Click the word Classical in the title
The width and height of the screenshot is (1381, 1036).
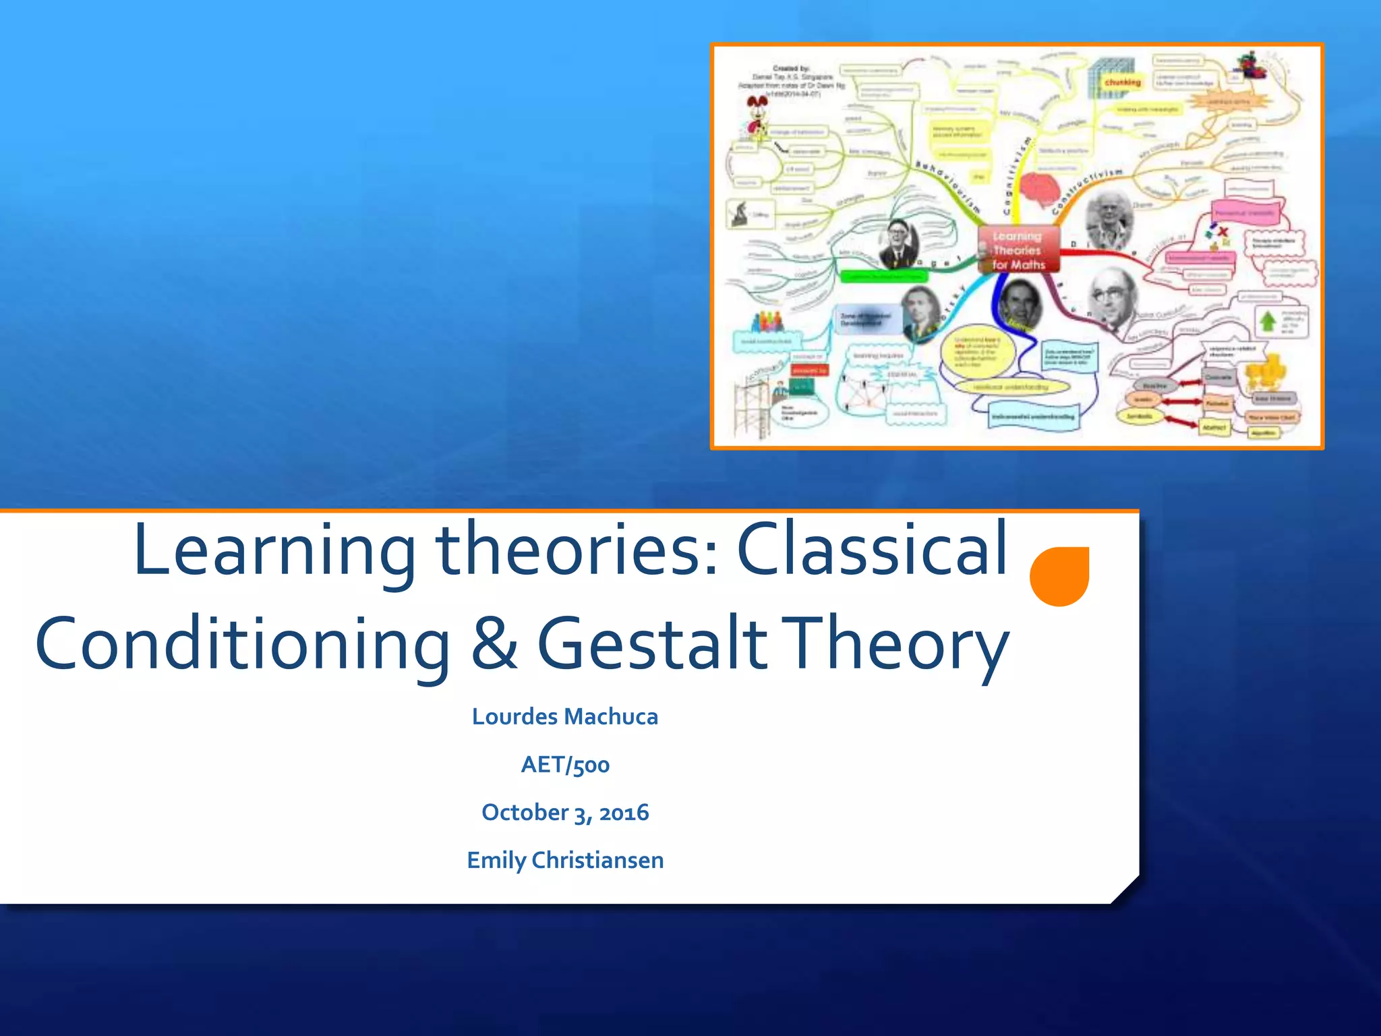(872, 550)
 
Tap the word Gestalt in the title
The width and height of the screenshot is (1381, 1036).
(651, 644)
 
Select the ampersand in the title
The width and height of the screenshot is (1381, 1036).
(494, 644)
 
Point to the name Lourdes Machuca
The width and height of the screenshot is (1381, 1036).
(564, 716)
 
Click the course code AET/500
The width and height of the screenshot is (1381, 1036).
(564, 764)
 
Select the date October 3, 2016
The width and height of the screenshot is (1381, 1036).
(564, 812)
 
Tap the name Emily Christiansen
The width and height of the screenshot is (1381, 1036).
(564, 860)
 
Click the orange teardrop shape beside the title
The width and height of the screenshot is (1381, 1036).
(1059, 576)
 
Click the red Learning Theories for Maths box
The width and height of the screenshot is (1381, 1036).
(1018, 250)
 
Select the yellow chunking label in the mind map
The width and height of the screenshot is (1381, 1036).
(1123, 82)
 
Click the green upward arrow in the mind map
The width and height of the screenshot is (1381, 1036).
(1268, 321)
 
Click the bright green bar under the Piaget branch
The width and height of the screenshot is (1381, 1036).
(883, 277)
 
